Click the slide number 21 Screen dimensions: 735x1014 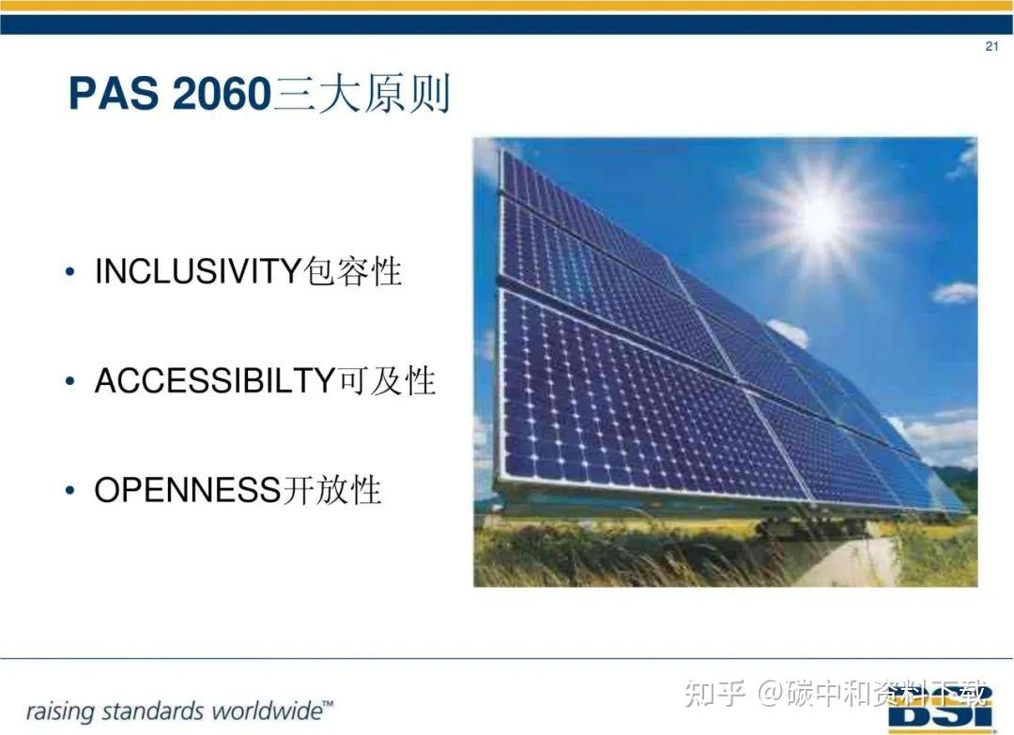click(x=991, y=47)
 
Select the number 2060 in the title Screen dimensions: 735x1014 click(x=222, y=95)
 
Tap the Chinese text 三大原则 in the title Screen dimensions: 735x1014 click(x=361, y=95)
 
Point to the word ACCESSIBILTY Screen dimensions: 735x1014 click(x=214, y=381)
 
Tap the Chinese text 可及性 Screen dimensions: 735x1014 click(x=386, y=381)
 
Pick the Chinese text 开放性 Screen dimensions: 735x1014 click(x=331, y=490)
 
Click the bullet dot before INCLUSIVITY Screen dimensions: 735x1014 click(x=70, y=273)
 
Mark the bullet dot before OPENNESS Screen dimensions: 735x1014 click(x=70, y=491)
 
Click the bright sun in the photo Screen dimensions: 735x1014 click(x=821, y=218)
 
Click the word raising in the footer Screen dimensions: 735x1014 click(x=60, y=711)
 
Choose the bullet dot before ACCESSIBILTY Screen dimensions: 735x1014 click(x=70, y=382)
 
